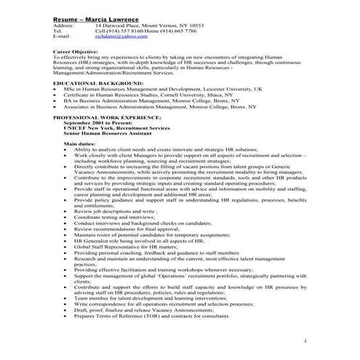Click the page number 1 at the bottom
click(305, 340)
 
